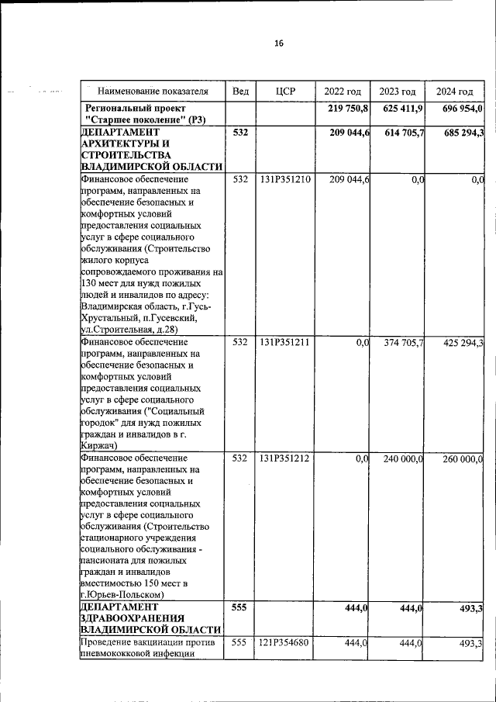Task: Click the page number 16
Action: coord(278,43)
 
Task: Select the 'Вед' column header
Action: coord(240,92)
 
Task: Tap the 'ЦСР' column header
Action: coord(286,92)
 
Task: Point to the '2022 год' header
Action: coord(343,92)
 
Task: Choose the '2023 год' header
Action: coord(398,92)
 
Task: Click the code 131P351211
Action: coord(285,343)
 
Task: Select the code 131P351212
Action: coord(285,459)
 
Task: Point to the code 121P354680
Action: coord(285,643)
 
